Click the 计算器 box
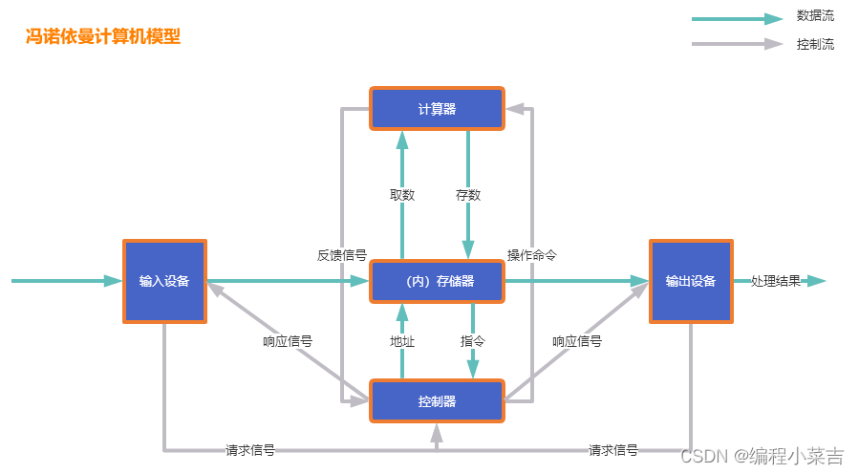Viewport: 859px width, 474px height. point(437,109)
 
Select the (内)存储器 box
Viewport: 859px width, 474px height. point(437,281)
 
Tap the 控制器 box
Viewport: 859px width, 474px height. point(437,401)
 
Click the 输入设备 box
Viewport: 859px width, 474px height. point(164,281)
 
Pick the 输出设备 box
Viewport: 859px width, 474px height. point(691,281)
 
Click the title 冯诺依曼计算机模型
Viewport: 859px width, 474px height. point(103,37)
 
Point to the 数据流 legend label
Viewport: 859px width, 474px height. point(815,16)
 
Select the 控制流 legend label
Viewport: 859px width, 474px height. point(815,44)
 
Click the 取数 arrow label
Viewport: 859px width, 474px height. point(402,195)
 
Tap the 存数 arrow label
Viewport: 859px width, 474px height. point(468,195)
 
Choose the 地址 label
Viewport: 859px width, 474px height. point(402,340)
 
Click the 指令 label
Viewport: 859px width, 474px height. point(473,340)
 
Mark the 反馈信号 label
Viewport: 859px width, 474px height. point(342,255)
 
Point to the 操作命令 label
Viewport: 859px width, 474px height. point(532,255)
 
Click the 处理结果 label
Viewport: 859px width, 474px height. point(776,281)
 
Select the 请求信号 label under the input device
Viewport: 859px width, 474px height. point(250,450)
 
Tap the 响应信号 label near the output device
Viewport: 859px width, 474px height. point(577,340)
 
